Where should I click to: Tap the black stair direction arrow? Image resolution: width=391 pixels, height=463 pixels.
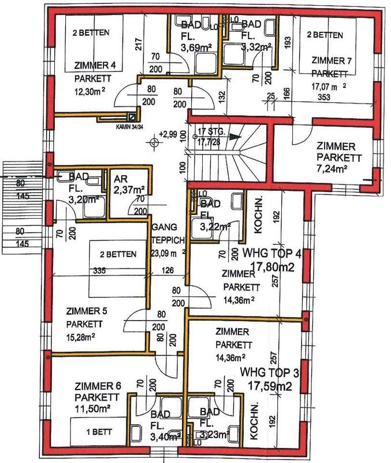click(x=233, y=137)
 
